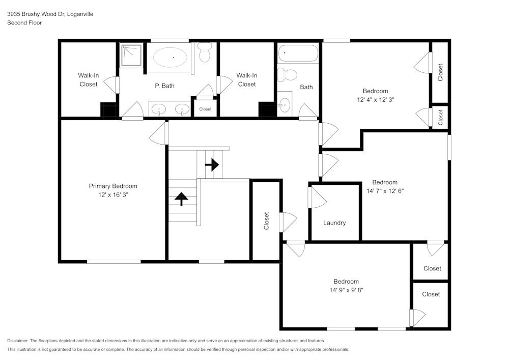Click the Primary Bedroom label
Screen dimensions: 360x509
(113, 186)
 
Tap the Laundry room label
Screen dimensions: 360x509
(334, 223)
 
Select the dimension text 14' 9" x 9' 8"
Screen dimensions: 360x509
(346, 290)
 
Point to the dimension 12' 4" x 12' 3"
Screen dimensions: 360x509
(376, 100)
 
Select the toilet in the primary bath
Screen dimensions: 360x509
(205, 52)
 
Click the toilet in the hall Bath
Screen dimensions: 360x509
(289, 74)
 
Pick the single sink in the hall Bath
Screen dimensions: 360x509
(284, 105)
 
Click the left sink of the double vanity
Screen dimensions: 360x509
(160, 108)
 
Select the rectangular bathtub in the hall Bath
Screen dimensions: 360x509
(297, 53)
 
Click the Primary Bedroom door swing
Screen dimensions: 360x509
(159, 134)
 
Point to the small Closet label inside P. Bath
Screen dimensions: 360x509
(205, 109)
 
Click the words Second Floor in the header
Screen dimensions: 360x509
(24, 23)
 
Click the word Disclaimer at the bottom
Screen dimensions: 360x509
(18, 341)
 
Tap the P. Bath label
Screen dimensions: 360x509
(164, 86)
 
